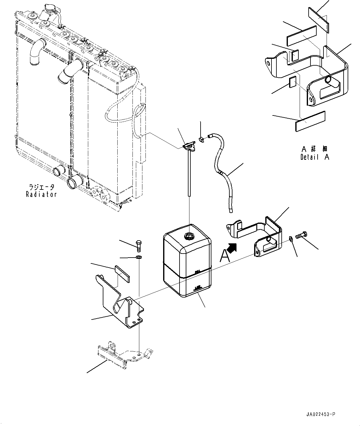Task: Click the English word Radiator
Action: tap(41, 194)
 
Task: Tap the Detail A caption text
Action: tap(314, 157)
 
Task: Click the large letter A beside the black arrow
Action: tap(225, 256)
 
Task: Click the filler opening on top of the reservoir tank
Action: tap(189, 236)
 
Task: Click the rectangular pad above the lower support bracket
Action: tap(123, 273)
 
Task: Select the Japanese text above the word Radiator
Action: tap(41, 187)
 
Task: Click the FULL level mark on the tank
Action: tap(197, 272)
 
